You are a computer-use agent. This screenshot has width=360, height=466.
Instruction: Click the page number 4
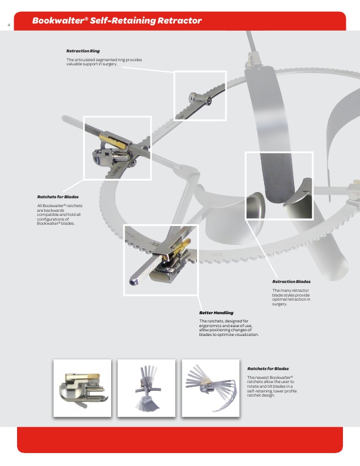9,25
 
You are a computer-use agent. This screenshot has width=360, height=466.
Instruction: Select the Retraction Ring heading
83,51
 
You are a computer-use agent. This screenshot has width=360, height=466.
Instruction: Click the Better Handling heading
216,312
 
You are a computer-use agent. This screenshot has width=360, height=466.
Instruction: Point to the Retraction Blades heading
291,281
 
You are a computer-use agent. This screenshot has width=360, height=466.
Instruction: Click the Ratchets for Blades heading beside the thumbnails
268,368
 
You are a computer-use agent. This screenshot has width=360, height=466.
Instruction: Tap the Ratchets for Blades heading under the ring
58,197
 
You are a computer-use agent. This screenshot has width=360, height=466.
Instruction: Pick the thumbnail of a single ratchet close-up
82,388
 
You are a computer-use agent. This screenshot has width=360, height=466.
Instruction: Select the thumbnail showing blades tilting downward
146,388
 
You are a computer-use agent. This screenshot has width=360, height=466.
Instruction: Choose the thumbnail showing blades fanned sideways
211,388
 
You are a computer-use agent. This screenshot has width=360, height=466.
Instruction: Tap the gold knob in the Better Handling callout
183,245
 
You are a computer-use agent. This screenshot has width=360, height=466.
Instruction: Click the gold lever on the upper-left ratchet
114,140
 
